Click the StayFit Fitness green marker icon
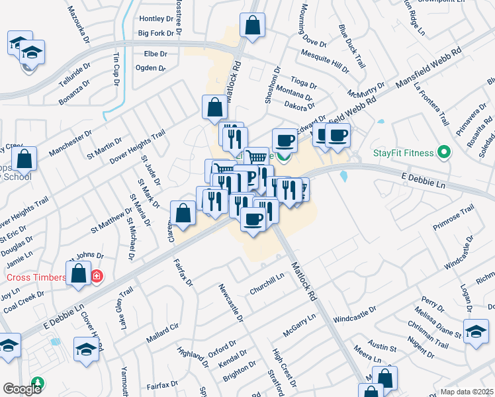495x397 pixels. pos(445,154)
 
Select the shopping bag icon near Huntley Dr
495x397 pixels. pos(253,25)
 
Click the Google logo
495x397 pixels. pos(22,389)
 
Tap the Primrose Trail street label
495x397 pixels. pos(454,220)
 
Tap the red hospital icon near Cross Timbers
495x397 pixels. pos(97,276)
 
